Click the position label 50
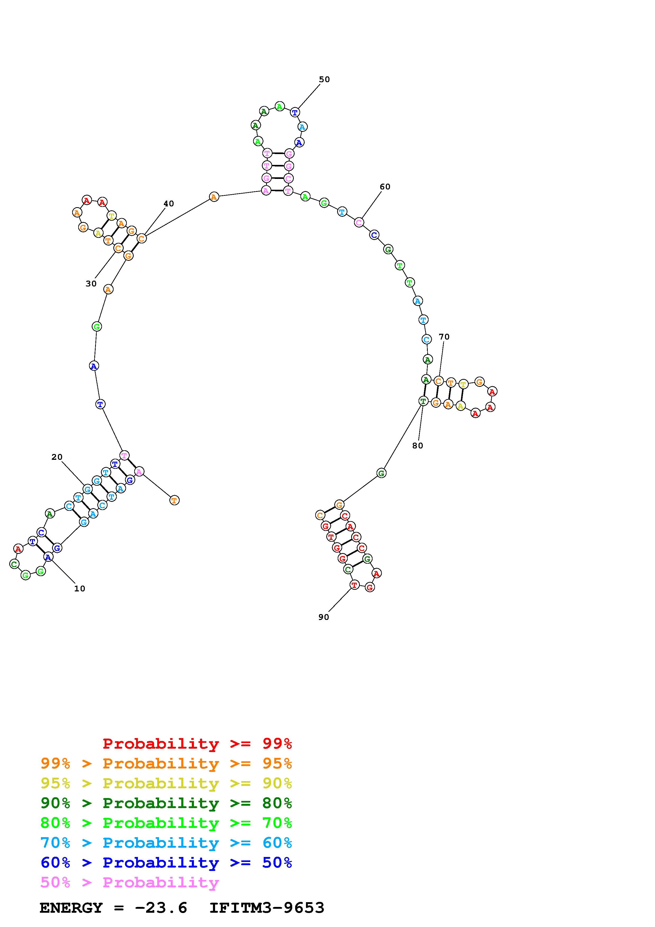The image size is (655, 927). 324,80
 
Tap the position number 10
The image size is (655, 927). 80,589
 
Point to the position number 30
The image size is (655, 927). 91,284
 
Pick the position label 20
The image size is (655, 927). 57,457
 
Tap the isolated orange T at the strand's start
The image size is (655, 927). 174,500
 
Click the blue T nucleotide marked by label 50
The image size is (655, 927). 295,112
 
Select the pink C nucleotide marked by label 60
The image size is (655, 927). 359,222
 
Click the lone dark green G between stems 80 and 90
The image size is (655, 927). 381,473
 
